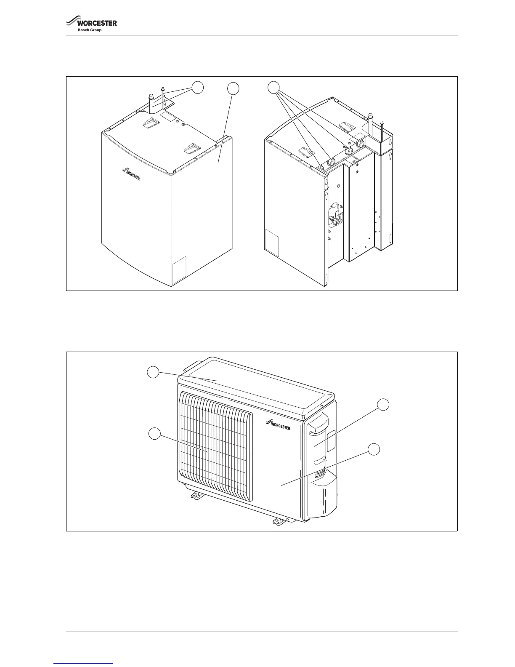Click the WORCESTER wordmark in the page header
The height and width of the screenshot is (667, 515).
pyautogui.click(x=97, y=23)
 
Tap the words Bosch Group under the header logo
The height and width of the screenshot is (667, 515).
pyautogui.click(x=89, y=30)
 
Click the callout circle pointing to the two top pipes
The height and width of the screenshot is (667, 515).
pyautogui.click(x=198, y=87)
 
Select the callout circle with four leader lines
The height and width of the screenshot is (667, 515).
pyautogui.click(x=274, y=87)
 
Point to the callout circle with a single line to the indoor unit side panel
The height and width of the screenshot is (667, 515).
pyautogui.click(x=233, y=88)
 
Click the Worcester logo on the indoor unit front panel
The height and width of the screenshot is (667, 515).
pyautogui.click(x=131, y=173)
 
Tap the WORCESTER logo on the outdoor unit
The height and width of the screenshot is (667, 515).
pyautogui.click(x=278, y=425)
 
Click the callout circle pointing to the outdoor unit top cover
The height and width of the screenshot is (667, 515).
pyautogui.click(x=153, y=372)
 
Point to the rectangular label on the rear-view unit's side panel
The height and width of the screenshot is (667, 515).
pyautogui.click(x=272, y=243)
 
